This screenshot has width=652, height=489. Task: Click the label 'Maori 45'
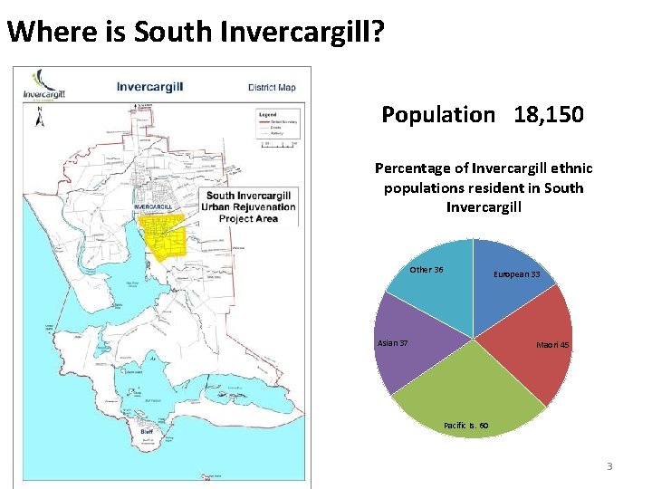(552, 345)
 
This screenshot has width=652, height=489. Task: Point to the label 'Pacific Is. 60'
(466, 425)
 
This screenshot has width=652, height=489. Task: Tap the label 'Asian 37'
(392, 342)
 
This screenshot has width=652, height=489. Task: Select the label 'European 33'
(516, 274)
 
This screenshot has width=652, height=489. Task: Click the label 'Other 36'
(427, 270)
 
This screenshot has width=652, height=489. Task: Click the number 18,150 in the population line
(548, 115)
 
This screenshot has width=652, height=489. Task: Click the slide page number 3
(609, 466)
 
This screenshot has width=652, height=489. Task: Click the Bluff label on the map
(146, 432)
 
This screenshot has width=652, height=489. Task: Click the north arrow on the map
(40, 118)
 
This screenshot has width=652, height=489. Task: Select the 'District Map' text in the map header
(272, 88)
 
